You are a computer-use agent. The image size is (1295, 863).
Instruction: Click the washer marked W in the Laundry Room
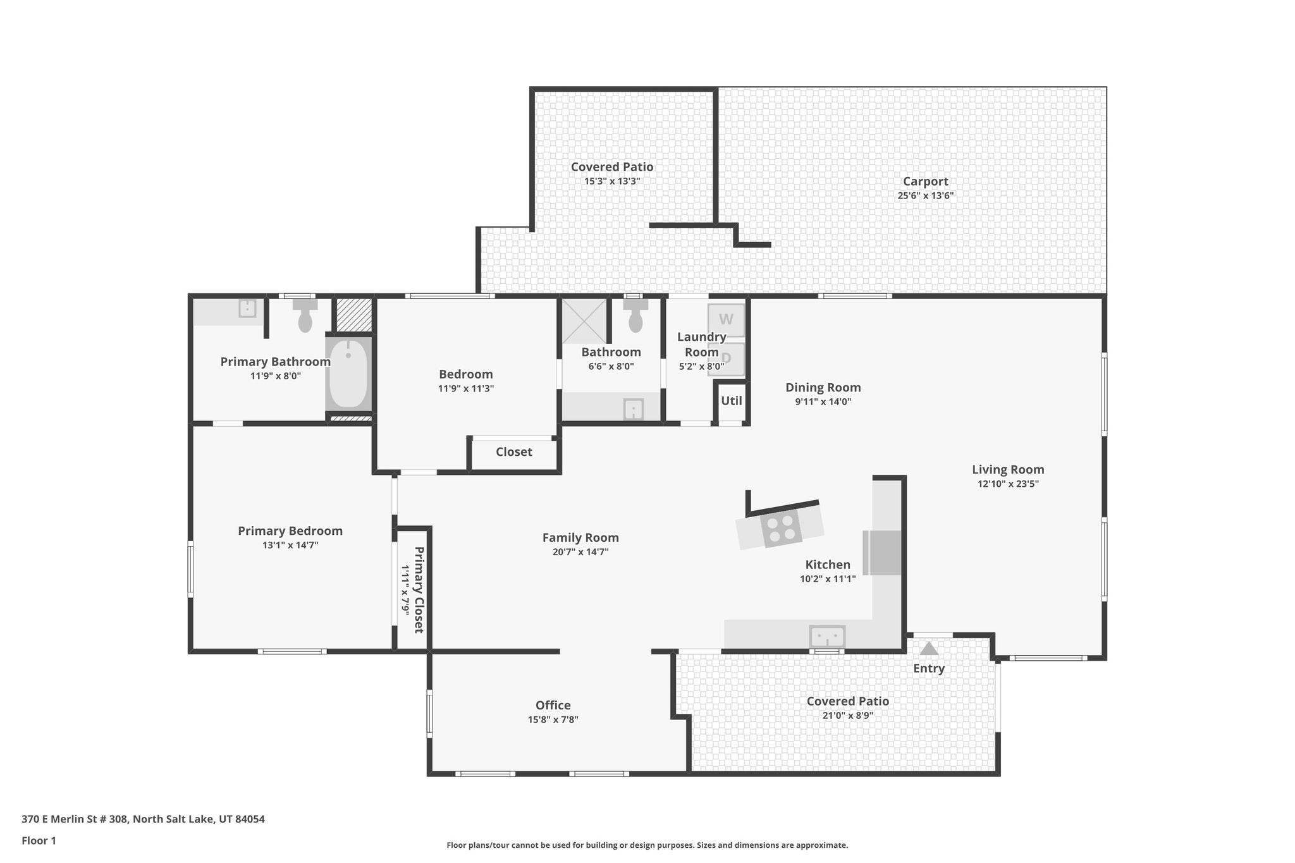click(x=726, y=319)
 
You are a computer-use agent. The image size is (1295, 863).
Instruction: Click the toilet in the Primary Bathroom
click(x=305, y=315)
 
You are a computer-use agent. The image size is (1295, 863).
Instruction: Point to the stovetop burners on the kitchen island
click(x=781, y=529)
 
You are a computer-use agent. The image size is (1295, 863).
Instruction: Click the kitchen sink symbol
click(x=827, y=635)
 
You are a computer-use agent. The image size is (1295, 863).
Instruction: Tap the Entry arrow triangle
click(x=928, y=649)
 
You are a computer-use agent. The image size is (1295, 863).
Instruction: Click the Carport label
click(x=925, y=181)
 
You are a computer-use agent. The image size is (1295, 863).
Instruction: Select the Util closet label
click(x=732, y=401)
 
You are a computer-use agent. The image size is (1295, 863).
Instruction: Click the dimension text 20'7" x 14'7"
click(x=580, y=552)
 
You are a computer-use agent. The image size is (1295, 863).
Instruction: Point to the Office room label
click(x=553, y=705)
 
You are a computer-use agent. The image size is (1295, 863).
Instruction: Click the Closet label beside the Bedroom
click(x=513, y=452)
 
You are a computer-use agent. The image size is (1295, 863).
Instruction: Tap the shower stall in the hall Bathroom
click(x=584, y=321)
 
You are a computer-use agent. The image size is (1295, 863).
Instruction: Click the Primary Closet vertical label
click(x=418, y=589)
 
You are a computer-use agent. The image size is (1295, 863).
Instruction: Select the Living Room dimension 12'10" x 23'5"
click(x=1008, y=484)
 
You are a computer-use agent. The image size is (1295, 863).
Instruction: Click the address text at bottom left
click(x=143, y=819)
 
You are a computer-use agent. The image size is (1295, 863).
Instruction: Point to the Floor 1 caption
click(x=39, y=841)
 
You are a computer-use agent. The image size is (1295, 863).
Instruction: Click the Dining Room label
click(x=823, y=388)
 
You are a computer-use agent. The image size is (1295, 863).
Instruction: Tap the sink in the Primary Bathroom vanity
click(x=247, y=309)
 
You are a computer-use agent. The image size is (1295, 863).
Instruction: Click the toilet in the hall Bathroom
click(x=635, y=315)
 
